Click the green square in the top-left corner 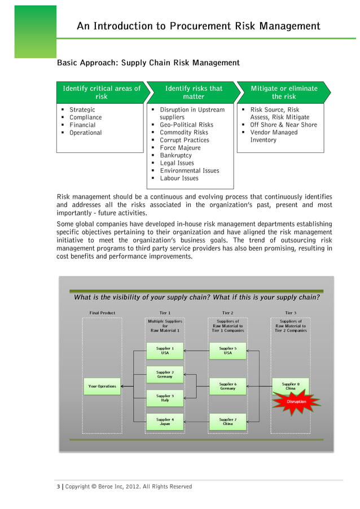pos(35,31)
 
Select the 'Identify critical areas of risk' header pos(102,92)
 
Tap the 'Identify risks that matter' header pos(194,92)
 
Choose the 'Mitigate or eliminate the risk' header pos(284,92)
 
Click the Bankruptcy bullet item pos(175,155)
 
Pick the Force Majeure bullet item pos(180,148)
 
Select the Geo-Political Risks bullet pos(186,125)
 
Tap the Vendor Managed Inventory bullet pos(274,136)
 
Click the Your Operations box pos(102,387)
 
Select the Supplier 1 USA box pos(165,351)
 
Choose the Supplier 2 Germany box pos(165,375)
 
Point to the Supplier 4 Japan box pos(165,422)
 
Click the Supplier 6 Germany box pos(227,386)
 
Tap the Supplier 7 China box pos(227,422)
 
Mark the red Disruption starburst pos(296,401)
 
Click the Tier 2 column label pos(227,313)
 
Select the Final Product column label pos(102,313)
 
